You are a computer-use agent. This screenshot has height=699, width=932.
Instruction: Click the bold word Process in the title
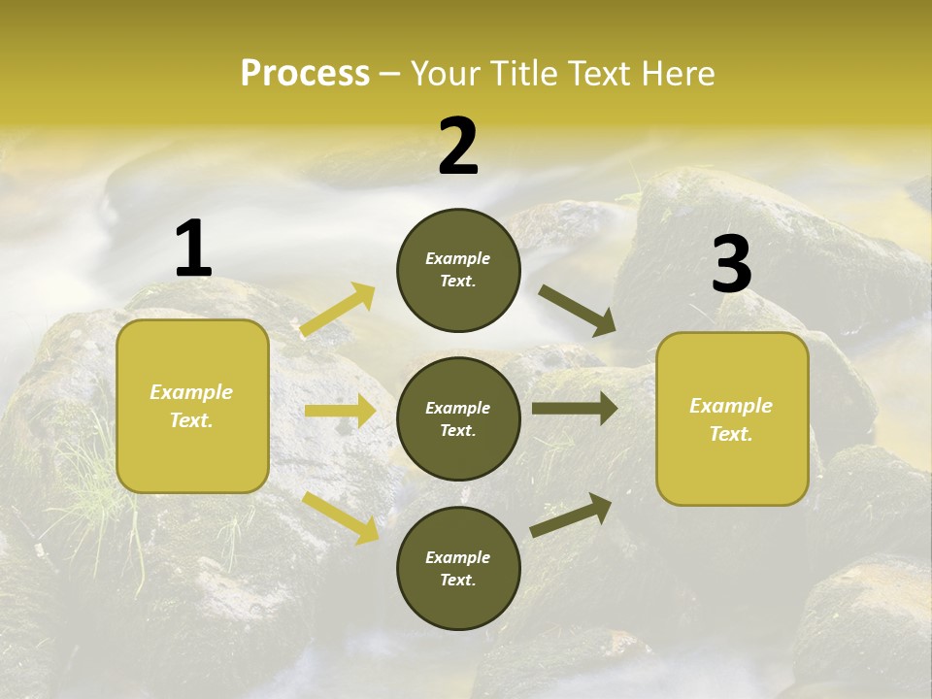[305, 74]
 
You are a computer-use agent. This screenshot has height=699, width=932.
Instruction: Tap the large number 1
[193, 250]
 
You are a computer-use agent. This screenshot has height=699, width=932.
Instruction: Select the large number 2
[458, 147]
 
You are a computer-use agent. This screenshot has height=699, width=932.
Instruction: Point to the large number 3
[731, 264]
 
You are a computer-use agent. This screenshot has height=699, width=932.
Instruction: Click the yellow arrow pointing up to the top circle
[338, 310]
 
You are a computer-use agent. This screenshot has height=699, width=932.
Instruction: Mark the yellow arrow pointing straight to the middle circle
[340, 412]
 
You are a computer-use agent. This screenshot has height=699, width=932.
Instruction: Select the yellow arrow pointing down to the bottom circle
[341, 517]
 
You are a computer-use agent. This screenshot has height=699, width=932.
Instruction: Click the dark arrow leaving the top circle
[578, 311]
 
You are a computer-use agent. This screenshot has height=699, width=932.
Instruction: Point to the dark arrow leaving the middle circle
[575, 409]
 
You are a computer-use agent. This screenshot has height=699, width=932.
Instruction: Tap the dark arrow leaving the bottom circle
[571, 515]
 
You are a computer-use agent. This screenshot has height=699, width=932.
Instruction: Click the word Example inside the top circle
[458, 258]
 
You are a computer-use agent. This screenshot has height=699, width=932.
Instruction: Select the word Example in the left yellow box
[191, 392]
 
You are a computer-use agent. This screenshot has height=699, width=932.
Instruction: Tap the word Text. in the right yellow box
[731, 434]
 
